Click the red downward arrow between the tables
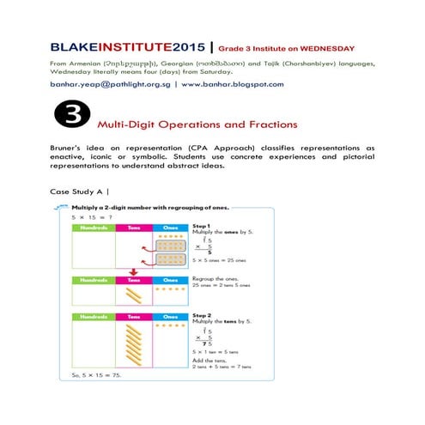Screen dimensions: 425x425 [135, 275]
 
